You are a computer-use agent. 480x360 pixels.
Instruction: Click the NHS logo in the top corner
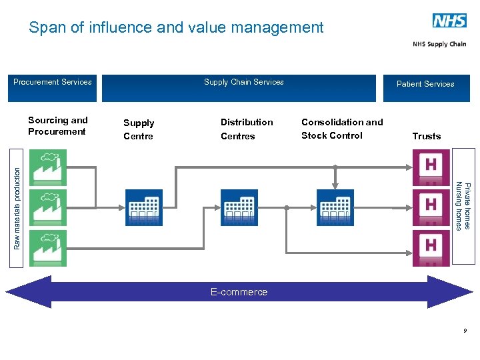[449, 21]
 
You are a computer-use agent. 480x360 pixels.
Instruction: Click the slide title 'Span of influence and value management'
[176, 27]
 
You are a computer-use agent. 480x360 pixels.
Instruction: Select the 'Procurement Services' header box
[53, 87]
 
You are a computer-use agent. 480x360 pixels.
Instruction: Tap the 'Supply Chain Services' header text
[243, 82]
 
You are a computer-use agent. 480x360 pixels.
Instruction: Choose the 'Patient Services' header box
[426, 87]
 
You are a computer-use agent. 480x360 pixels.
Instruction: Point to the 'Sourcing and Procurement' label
[58, 126]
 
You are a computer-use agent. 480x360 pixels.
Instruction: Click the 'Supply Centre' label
[139, 129]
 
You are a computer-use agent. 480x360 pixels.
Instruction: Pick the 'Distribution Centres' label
[247, 129]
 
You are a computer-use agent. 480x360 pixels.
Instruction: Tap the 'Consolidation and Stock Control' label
[342, 129]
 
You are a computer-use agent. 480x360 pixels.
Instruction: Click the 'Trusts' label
[427, 136]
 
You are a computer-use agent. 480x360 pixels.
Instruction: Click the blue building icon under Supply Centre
[143, 207]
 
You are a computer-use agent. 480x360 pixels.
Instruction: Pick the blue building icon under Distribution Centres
[239, 207]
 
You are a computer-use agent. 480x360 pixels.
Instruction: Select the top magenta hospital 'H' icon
[431, 167]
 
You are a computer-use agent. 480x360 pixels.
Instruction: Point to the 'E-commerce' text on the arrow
[239, 292]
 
